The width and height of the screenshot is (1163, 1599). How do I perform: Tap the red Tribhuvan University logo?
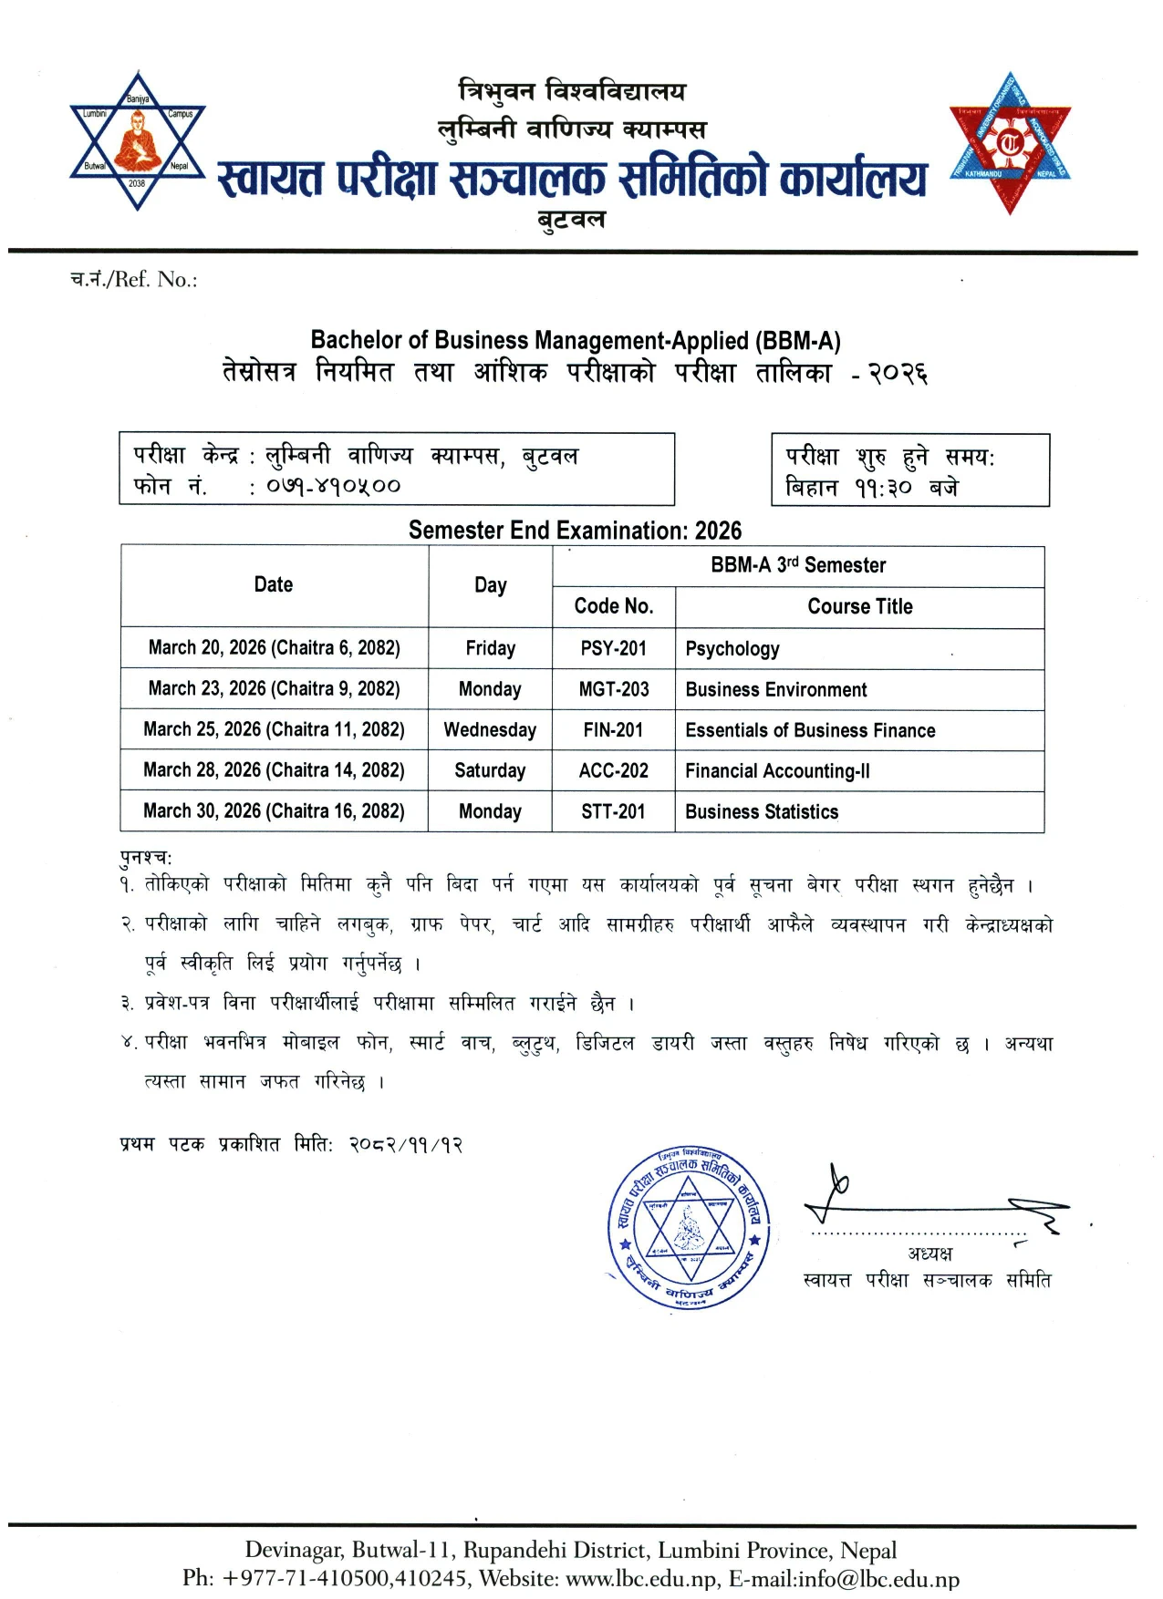(x=1010, y=143)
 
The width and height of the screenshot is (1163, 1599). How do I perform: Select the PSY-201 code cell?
(x=613, y=648)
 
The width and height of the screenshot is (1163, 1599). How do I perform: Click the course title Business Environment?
(x=775, y=689)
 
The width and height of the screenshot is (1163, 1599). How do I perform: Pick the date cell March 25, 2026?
(x=274, y=729)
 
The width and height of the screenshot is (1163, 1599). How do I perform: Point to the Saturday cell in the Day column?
(x=490, y=770)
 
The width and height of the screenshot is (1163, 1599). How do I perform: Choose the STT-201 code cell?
(x=613, y=811)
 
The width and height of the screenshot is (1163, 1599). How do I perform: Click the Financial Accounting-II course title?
(x=777, y=771)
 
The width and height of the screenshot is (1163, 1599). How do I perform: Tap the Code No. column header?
(x=613, y=606)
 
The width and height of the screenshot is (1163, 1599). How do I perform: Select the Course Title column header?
(x=859, y=606)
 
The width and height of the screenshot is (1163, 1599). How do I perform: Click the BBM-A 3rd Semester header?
(x=798, y=565)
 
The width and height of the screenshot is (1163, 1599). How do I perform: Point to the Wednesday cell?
(x=490, y=730)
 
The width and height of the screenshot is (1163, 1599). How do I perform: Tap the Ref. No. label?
(x=134, y=279)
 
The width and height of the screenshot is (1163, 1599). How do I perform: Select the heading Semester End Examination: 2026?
(x=575, y=531)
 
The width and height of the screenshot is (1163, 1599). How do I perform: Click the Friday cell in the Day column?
(x=490, y=648)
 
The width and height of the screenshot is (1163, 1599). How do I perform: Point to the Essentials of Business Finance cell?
(x=810, y=730)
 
